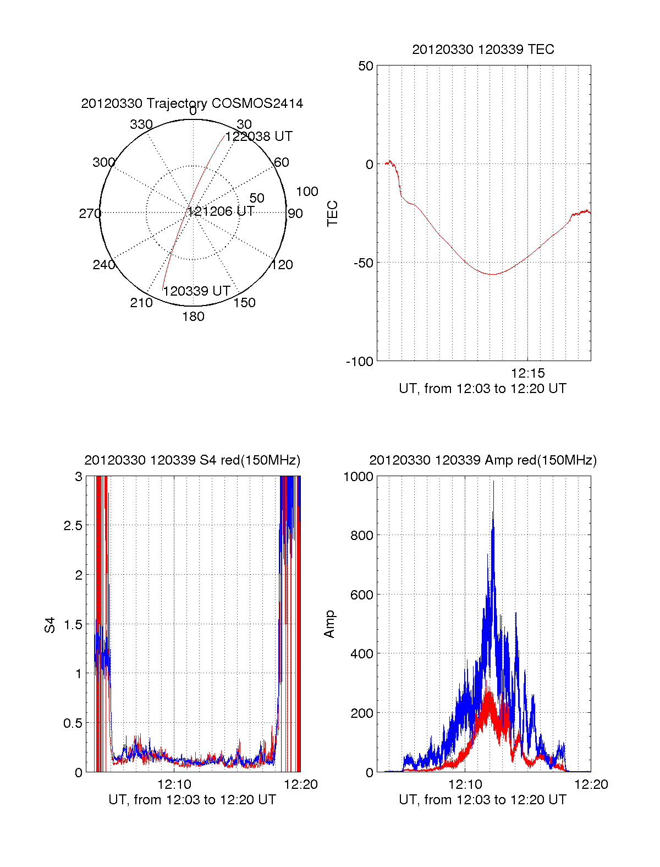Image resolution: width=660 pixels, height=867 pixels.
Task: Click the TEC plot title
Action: click(483, 50)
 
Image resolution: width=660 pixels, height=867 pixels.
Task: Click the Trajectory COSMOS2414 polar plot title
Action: click(192, 103)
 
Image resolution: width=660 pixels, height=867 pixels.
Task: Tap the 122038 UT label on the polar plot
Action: click(259, 137)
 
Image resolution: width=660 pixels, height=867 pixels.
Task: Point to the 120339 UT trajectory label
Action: click(196, 291)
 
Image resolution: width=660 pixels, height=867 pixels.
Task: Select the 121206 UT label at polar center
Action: click(221, 211)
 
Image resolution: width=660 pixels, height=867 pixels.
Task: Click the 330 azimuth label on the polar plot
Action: click(141, 124)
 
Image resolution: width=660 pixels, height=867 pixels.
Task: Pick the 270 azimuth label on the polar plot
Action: click(90, 214)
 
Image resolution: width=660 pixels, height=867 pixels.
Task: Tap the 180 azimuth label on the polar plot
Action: click(193, 317)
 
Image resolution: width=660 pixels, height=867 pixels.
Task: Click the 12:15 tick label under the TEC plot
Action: click(527, 373)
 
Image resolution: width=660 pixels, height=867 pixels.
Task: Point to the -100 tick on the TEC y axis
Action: click(360, 362)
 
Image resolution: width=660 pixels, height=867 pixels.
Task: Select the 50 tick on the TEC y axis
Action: click(366, 66)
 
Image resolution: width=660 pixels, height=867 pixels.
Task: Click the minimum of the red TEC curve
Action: click(492, 274)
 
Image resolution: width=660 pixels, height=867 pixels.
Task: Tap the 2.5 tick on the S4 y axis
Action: click(73, 526)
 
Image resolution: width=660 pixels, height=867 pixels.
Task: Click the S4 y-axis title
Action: click(50, 625)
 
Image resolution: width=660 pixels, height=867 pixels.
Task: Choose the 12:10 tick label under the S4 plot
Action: click(174, 784)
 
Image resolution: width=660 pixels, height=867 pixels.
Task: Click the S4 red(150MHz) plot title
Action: click(192, 460)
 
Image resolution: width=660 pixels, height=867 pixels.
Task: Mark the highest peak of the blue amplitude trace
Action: click(493, 482)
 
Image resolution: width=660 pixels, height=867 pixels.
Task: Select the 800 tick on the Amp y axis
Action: click(361, 535)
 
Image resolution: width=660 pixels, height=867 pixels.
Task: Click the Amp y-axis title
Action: click(329, 624)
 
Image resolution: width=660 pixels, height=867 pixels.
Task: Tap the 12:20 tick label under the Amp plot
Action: click(591, 784)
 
